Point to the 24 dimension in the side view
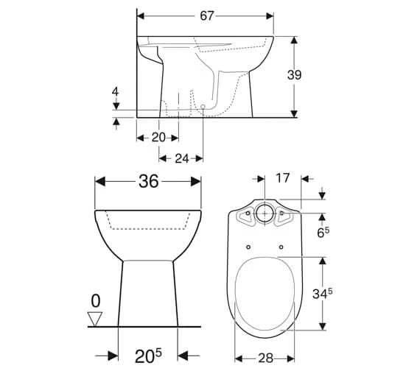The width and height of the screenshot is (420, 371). tap(181, 158)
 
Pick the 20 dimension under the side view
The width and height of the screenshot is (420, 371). tap(157, 137)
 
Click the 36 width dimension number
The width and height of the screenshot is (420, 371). tap(149, 182)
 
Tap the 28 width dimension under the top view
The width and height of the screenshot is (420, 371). tap(266, 358)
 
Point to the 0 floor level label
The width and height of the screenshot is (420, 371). tap(94, 301)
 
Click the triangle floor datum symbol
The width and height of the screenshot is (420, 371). tap(94, 319)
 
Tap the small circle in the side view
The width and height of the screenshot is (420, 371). tap(203, 107)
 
